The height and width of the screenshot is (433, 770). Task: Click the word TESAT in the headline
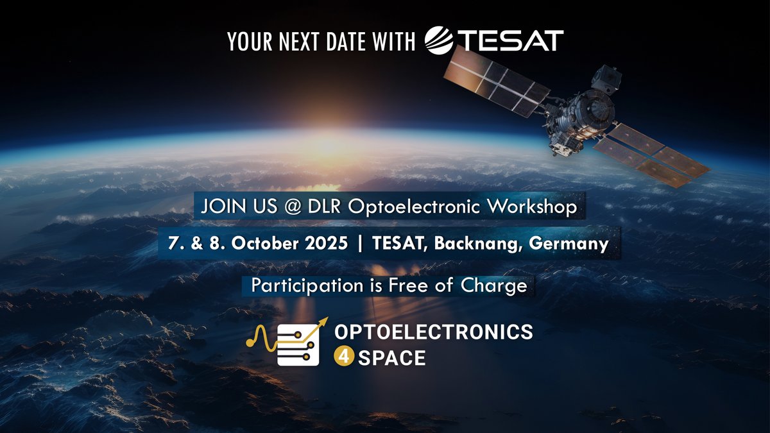[511, 40]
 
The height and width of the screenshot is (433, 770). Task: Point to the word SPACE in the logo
[392, 357]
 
